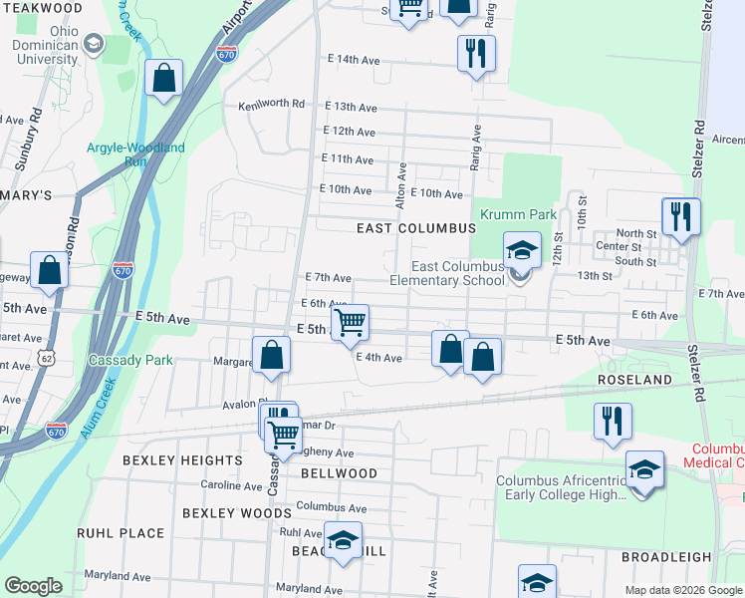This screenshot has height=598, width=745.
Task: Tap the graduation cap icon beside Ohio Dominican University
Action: pos(94,43)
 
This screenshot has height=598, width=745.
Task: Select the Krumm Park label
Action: pos(518,214)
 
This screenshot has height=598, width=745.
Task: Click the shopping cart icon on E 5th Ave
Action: pos(350,323)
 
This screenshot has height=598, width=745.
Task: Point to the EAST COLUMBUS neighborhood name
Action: pos(416,228)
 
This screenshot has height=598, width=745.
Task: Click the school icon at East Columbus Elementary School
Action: pos(521,251)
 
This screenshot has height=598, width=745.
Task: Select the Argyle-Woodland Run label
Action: pos(135,154)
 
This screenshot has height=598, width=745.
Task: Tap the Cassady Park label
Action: pos(130,360)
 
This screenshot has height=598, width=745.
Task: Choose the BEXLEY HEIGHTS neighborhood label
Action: pos(182,460)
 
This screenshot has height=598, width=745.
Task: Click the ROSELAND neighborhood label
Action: pos(634,381)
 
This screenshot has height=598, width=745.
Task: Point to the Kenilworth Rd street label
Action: pos(271,105)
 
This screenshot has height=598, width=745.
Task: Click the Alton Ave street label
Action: pos(401,199)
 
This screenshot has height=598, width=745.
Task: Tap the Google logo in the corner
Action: pos(33,586)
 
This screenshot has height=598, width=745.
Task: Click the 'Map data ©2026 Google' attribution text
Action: pos(682,590)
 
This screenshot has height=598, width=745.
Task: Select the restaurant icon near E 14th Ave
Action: pos(476,53)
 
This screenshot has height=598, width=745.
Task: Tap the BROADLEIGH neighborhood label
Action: pos(666,557)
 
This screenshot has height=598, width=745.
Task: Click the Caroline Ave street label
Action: pos(231,485)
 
